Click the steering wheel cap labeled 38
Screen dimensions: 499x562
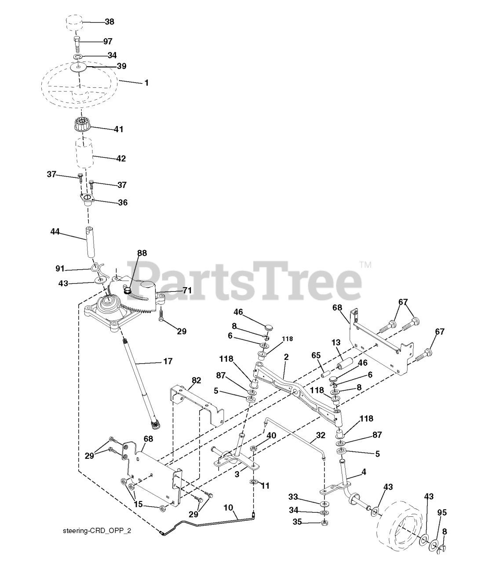75,22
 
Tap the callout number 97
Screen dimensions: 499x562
107,41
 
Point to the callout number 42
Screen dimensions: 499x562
120,159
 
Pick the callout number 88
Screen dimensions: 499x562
142,253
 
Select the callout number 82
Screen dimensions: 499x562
196,380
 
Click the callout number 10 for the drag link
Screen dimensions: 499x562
228,508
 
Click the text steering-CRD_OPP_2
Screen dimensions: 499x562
97,531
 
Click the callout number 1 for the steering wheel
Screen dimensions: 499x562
146,83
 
